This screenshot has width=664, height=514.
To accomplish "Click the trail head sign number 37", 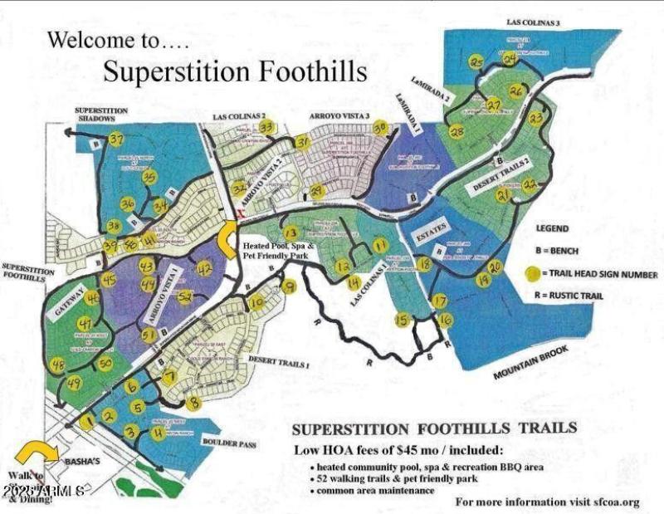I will point(115,139).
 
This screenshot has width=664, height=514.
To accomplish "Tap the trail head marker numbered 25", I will point(476,62).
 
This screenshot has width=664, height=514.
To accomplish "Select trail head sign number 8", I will point(194,404).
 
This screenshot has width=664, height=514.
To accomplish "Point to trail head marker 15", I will point(403,320).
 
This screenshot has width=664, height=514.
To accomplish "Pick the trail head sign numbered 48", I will point(57,365).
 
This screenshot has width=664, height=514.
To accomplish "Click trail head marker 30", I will point(380,127).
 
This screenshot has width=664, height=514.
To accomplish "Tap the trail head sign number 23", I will point(536,119).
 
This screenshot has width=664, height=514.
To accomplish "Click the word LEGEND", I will point(552,226).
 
